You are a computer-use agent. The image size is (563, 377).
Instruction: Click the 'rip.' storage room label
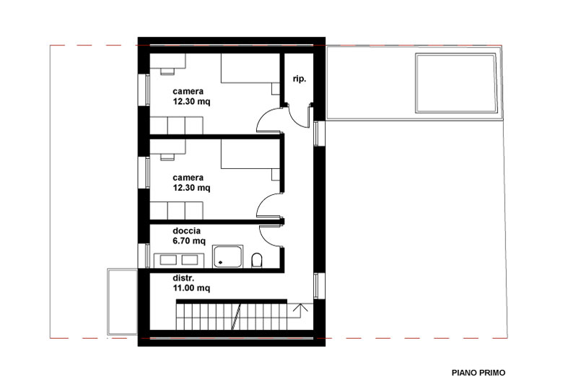(300, 79)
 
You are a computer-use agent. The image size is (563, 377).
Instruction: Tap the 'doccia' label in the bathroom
(186, 230)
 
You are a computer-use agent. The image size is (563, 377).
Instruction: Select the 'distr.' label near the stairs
(183, 278)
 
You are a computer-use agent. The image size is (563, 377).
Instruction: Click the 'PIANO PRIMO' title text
(479, 373)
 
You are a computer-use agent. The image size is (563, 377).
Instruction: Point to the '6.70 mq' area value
(189, 240)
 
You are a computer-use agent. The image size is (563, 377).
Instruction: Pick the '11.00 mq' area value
(191, 287)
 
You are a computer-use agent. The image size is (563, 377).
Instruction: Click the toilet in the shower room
(257, 260)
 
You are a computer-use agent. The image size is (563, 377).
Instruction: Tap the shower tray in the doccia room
(227, 256)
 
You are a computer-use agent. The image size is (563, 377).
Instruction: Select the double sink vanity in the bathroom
(179, 260)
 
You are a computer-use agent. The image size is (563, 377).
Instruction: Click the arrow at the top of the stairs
(300, 308)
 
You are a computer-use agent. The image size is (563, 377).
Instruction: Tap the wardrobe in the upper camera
(176, 126)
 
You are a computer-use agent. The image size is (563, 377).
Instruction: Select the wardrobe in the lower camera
(176, 211)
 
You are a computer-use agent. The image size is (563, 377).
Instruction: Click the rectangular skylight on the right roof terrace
(456, 83)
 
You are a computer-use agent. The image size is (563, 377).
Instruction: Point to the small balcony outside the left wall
(123, 302)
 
